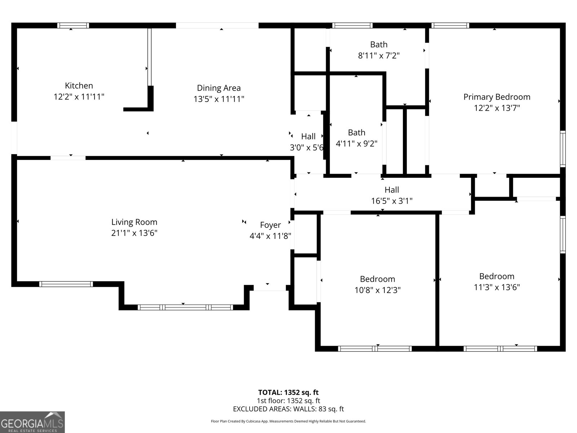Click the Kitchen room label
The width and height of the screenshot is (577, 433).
pos(79,86)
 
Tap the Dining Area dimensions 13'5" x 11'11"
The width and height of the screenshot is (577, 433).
pos(219,99)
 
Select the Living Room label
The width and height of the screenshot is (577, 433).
pos(134,222)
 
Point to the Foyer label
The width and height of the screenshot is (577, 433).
pos(270,225)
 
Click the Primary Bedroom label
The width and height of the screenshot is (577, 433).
pos(497,97)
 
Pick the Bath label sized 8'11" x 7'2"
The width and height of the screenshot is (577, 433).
pos(379,45)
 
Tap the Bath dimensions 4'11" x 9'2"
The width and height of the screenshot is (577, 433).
pos(356,144)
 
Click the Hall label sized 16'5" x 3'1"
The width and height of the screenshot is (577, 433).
pos(392,190)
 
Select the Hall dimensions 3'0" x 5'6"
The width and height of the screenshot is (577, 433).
pos(307,148)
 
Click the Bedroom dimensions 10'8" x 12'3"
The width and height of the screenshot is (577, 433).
pos(377,290)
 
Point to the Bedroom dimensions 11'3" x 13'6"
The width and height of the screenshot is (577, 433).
pos(496,287)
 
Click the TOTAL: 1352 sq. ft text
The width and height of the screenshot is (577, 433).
pos(288,393)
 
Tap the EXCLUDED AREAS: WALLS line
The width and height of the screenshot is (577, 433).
pos(288,409)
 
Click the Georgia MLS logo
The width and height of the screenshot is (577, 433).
pos(32,422)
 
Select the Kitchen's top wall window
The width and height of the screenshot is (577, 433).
pos(73,25)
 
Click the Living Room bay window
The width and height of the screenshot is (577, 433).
pos(185,307)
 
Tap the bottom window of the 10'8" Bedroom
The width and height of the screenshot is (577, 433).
pos(375,349)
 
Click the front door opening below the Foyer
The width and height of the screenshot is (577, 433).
pos(270,288)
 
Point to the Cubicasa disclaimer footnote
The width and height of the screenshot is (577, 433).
pos(288,421)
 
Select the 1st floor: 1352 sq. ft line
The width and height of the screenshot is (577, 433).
pos(288,401)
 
